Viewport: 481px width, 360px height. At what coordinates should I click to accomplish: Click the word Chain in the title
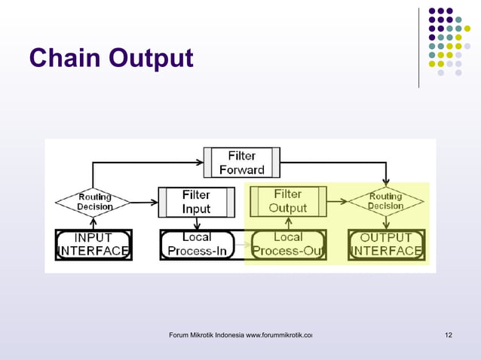[x=65, y=57]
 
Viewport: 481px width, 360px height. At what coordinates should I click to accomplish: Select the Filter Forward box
[x=241, y=163]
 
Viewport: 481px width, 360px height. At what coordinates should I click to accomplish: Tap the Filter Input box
[x=196, y=201]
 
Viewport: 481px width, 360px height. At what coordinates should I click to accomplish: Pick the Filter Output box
[x=288, y=201]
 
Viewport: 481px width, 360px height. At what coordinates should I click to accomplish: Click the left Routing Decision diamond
[x=93, y=202]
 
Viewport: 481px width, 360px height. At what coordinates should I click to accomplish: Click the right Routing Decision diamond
[x=385, y=202]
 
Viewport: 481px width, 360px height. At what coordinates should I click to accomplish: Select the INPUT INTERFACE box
[x=93, y=245]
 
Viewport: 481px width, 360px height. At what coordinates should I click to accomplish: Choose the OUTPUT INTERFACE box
[x=385, y=245]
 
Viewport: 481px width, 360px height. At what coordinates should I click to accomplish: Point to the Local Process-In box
[x=197, y=245]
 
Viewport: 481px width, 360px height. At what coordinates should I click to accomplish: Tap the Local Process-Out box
[x=288, y=245]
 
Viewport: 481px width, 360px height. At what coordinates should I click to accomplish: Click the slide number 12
[x=449, y=334]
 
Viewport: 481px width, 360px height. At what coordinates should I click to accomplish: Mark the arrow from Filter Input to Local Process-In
[x=197, y=223]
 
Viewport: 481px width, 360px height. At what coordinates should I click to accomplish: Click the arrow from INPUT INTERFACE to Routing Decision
[x=93, y=223]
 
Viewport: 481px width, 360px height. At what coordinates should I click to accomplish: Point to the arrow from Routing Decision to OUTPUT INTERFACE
[x=385, y=223]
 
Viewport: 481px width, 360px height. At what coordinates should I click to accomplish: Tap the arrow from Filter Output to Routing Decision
[x=337, y=202]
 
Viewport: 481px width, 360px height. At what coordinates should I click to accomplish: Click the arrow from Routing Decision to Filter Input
[x=143, y=202]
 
